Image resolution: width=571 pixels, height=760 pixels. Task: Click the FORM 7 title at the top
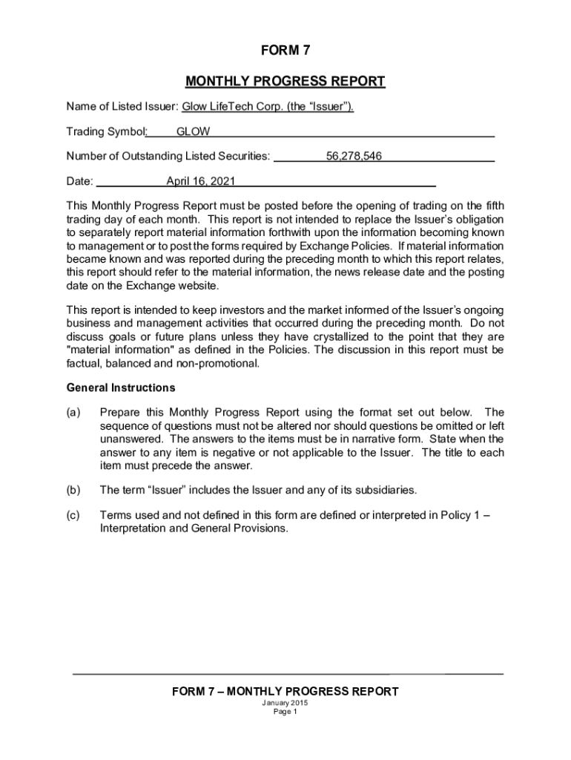pyautogui.click(x=285, y=51)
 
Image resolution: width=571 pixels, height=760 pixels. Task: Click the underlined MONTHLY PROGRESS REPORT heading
pyautogui.click(x=285, y=81)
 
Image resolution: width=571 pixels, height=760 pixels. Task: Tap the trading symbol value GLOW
pyautogui.click(x=193, y=132)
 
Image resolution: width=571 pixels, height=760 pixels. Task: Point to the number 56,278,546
pyautogui.click(x=354, y=157)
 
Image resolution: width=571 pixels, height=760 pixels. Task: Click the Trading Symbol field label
pyautogui.click(x=107, y=132)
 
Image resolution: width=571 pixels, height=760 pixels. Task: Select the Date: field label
pyautogui.click(x=80, y=181)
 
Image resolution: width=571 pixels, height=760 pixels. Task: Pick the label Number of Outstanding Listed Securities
pyautogui.click(x=168, y=157)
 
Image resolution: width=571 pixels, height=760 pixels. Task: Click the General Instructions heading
pyautogui.click(x=121, y=388)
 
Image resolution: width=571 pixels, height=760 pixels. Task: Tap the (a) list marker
pyautogui.click(x=73, y=413)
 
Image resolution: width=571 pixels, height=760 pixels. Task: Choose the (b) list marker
pyautogui.click(x=73, y=490)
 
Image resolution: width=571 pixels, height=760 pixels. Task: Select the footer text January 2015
pyautogui.click(x=285, y=703)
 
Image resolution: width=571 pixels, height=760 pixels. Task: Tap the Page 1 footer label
pyautogui.click(x=285, y=712)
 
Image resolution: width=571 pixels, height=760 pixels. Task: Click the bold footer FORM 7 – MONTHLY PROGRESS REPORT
pyautogui.click(x=285, y=692)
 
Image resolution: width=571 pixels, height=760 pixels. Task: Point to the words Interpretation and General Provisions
pyautogui.click(x=193, y=529)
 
